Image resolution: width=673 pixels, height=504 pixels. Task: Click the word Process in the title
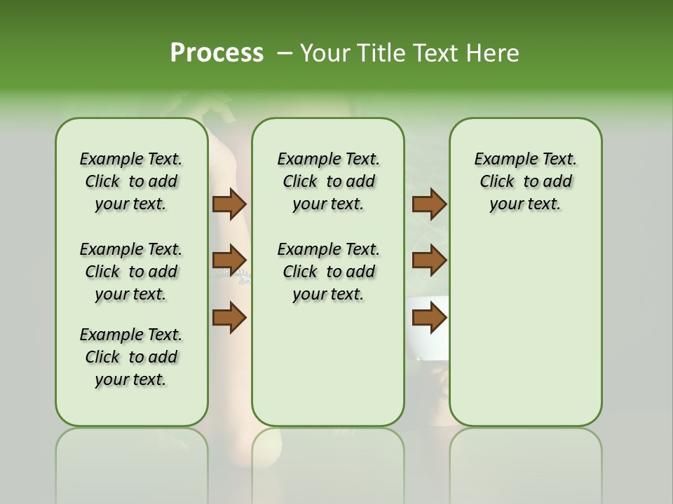(217, 52)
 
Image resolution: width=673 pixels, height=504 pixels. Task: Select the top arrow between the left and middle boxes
(229, 204)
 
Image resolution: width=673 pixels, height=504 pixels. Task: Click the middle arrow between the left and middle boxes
(229, 261)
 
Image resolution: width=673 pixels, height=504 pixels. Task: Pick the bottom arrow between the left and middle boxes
(229, 317)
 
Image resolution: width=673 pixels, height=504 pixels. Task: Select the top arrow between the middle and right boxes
(429, 204)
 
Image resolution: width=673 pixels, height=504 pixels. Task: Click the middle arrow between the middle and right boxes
(429, 261)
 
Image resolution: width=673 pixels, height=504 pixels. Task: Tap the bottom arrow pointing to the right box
(429, 317)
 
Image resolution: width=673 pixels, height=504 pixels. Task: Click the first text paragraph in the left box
(131, 181)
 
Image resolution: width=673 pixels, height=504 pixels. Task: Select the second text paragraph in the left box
(131, 272)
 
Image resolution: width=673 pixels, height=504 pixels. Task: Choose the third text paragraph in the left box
(131, 357)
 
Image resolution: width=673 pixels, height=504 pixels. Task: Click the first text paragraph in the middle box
(329, 181)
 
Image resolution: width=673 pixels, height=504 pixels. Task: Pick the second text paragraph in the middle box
(329, 272)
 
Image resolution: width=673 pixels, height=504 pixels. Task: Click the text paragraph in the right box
(526, 181)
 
